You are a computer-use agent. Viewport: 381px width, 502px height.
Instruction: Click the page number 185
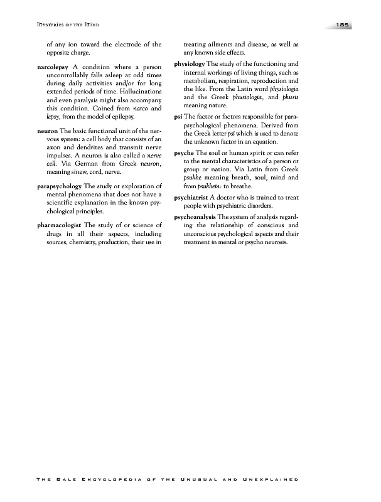click(x=343, y=24)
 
